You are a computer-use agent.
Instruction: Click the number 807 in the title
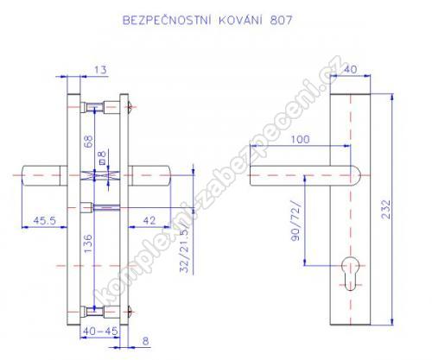click(281, 21)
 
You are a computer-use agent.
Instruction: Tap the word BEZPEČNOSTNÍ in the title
click(167, 20)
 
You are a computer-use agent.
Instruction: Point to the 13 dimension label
click(100, 70)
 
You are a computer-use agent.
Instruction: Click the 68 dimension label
click(88, 142)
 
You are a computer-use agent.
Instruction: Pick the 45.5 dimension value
click(44, 220)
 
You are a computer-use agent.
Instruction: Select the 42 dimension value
click(149, 220)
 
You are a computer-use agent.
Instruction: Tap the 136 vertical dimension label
click(88, 243)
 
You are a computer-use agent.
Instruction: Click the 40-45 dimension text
click(100, 331)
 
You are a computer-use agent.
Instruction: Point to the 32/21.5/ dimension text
click(184, 247)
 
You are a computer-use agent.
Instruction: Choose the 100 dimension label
click(300, 139)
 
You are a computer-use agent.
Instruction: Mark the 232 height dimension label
click(386, 210)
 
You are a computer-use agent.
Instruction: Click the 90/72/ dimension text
click(295, 221)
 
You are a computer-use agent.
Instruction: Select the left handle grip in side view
click(45, 175)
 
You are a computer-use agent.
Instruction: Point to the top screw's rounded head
click(130, 107)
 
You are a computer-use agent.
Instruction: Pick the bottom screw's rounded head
click(130, 311)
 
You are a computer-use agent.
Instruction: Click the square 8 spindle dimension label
click(102, 157)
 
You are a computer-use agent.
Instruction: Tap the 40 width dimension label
click(350, 69)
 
